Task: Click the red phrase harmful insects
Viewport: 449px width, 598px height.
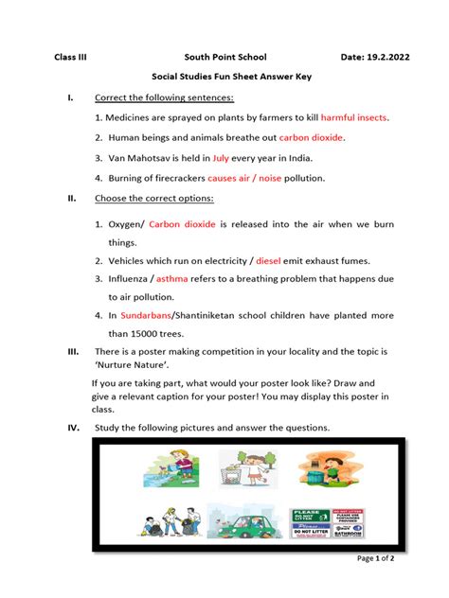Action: (x=354, y=117)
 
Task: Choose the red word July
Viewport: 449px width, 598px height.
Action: (x=221, y=157)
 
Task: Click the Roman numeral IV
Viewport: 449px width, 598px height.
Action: (x=71, y=428)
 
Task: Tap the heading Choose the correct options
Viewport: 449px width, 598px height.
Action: (x=153, y=198)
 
